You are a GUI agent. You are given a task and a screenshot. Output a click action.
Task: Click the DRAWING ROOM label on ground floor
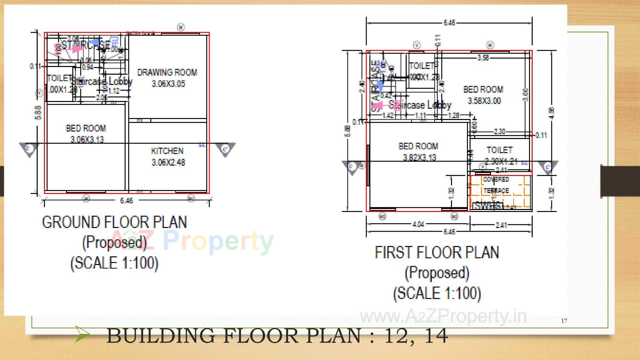167,72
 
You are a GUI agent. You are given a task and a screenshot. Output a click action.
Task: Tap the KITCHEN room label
167,151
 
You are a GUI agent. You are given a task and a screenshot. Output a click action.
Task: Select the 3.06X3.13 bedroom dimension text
87,139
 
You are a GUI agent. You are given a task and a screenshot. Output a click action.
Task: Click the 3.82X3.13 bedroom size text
419,157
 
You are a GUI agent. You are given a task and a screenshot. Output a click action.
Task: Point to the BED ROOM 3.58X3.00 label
483,95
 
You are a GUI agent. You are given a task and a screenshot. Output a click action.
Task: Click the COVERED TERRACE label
496,185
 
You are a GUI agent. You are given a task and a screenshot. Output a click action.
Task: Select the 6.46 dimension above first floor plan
449,23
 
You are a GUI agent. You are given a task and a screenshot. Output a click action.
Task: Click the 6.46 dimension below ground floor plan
126,200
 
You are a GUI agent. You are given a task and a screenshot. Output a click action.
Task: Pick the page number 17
564,321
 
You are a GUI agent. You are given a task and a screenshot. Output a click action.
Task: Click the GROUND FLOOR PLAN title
114,222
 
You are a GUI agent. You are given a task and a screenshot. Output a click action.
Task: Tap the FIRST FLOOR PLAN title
437,252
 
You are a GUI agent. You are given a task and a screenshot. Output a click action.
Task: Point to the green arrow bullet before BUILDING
81,334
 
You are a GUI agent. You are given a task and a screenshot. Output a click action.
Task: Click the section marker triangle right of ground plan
225,149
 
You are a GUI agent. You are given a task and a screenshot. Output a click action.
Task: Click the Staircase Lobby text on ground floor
102,81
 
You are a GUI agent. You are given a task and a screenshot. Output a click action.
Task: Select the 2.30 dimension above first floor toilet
499,132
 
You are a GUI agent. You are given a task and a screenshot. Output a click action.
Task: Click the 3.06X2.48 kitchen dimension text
168,162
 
